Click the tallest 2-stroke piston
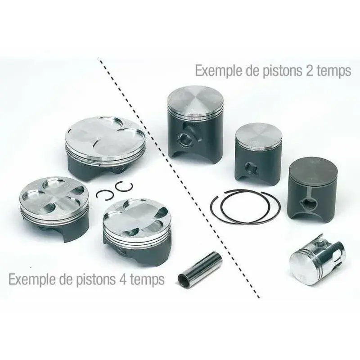[x=195, y=124]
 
